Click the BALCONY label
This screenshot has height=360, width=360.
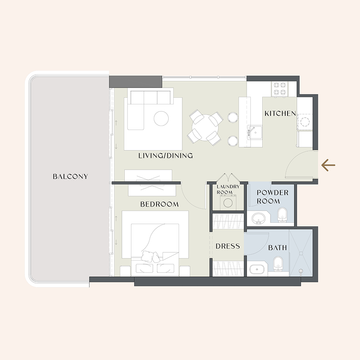coord(70,176)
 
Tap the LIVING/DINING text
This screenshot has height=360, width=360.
coord(166,156)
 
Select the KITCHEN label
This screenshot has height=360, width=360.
coord(280,113)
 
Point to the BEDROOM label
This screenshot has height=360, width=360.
coord(159,204)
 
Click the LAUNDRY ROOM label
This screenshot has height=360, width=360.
coord(225,189)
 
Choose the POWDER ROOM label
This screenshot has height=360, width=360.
coord(272,197)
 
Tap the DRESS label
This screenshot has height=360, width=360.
coord(227,246)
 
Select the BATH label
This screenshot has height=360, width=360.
coord(277,247)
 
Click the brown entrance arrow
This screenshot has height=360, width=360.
coord(328,166)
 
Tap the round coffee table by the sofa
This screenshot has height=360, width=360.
coord(161,118)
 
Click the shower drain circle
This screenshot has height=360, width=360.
coord(301,271)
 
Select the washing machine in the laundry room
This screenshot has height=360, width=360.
coord(228,203)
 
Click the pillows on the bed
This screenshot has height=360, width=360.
coord(150,257)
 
